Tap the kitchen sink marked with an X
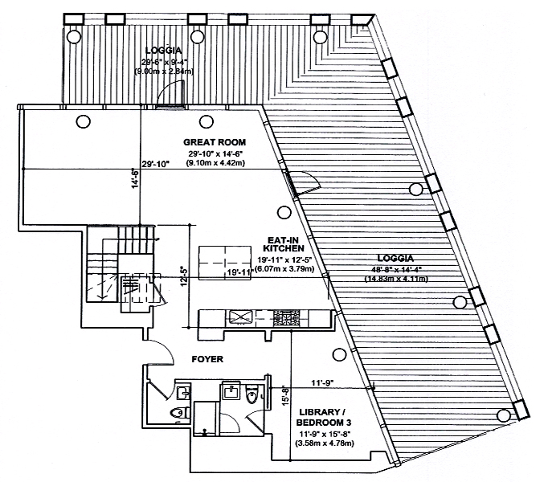[240, 317]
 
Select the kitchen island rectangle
[226, 261]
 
